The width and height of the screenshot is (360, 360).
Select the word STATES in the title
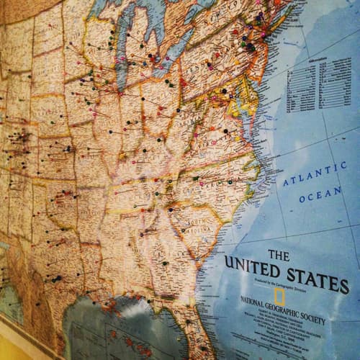[x=318, y=277]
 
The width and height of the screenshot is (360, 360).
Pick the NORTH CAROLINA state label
[x=216, y=184]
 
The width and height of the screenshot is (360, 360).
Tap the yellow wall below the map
[x=22, y=346]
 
